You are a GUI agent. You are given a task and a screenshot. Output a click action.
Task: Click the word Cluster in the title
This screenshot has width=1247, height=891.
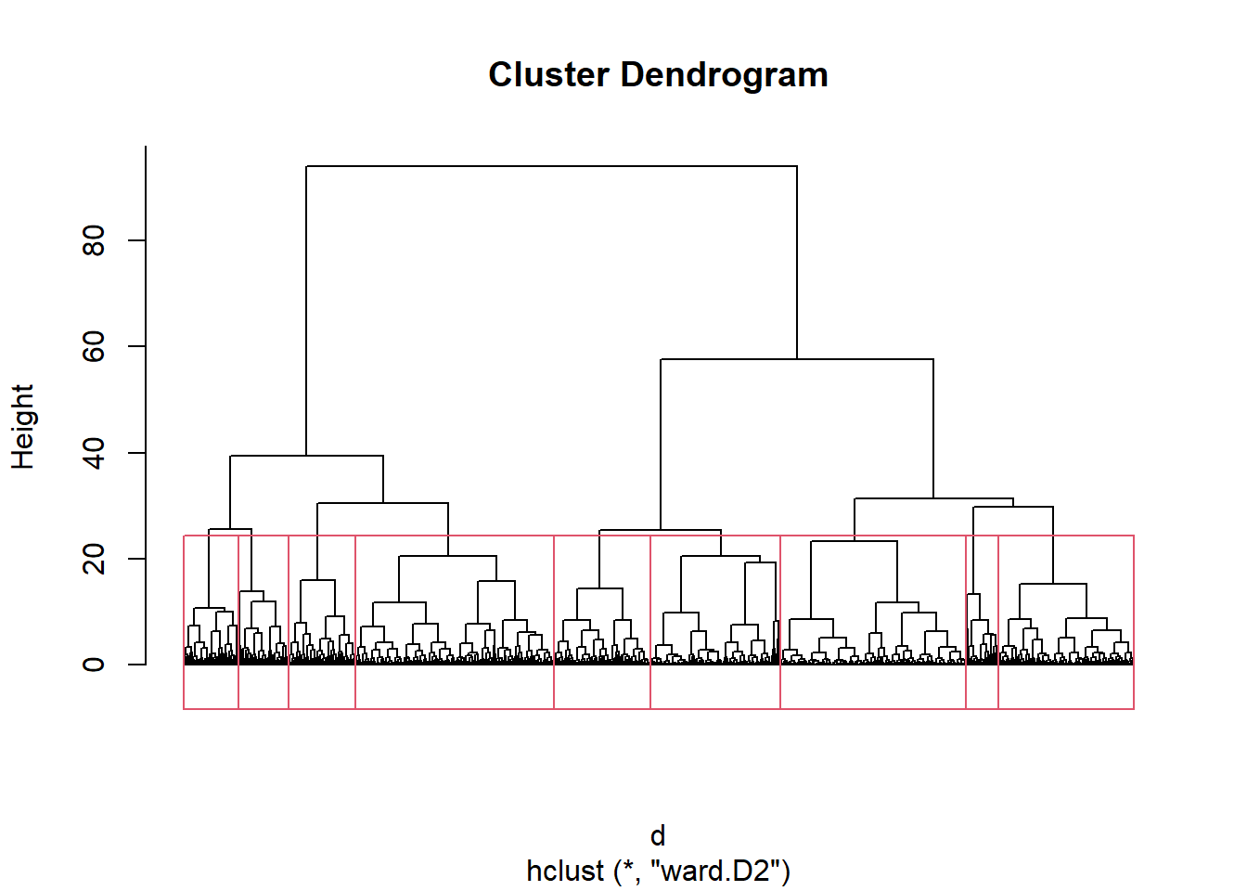(x=548, y=74)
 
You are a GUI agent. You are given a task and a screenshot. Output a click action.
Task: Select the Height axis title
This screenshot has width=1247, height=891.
(x=23, y=427)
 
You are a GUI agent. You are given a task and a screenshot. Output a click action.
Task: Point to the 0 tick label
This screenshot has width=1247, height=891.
(x=94, y=665)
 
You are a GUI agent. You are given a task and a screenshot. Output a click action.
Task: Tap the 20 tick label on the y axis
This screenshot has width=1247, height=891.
(x=94, y=559)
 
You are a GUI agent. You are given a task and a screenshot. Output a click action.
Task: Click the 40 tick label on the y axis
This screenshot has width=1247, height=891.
(x=94, y=453)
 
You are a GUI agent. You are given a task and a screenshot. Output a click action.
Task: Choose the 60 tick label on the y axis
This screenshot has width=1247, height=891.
(x=94, y=346)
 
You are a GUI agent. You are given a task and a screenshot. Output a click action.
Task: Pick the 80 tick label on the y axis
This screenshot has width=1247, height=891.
(x=94, y=240)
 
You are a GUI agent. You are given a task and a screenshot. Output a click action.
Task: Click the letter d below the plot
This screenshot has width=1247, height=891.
(x=658, y=835)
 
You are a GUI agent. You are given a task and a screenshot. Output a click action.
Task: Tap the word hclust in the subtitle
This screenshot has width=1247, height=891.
(x=565, y=871)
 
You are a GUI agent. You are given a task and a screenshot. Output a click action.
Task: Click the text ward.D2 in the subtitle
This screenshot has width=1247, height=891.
(x=716, y=871)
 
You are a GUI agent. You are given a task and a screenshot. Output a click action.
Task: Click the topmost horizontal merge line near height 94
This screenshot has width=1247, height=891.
(x=552, y=166)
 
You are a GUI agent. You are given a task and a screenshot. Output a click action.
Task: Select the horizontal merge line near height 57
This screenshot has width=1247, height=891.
(x=797, y=359)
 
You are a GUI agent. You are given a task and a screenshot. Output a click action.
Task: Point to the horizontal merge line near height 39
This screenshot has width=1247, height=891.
(x=307, y=456)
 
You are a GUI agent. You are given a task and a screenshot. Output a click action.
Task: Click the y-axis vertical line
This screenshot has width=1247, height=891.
(x=146, y=405)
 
